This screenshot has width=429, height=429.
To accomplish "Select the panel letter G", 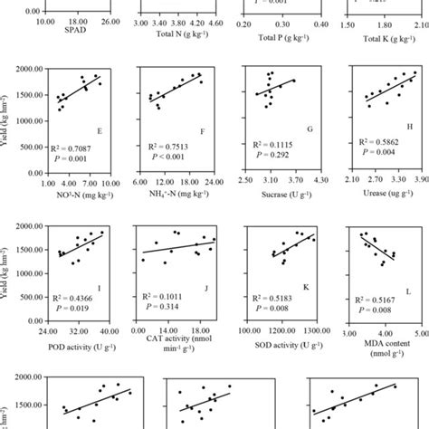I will click(310, 129).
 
